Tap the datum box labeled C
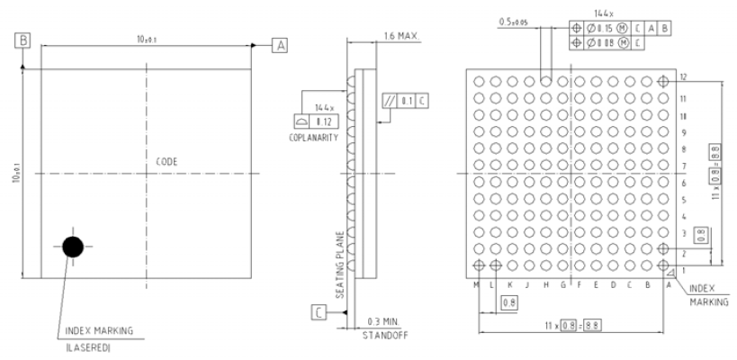(319, 311)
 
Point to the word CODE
(166, 161)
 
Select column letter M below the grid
(477, 284)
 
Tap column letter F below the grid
(579, 284)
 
